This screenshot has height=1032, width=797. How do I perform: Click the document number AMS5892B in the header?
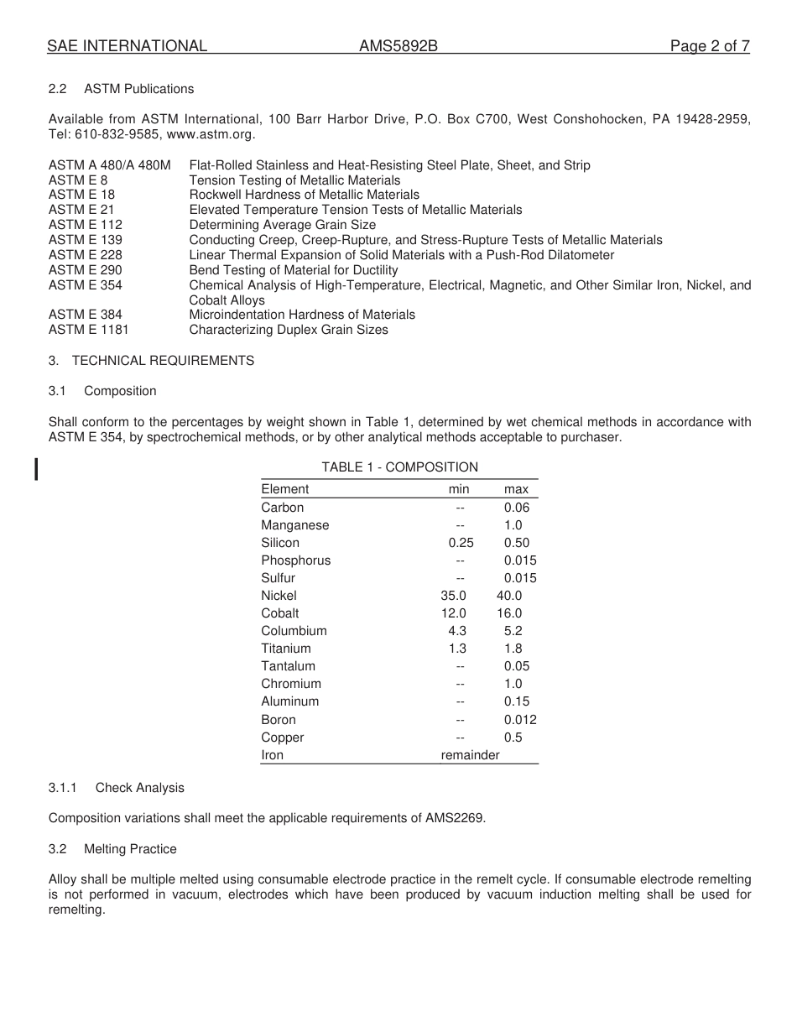point(398,46)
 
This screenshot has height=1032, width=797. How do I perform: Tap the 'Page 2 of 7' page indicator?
point(710,46)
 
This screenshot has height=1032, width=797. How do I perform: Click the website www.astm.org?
point(211,134)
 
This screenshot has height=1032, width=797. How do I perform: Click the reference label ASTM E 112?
point(86,225)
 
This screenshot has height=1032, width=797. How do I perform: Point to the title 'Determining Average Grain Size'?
point(283,225)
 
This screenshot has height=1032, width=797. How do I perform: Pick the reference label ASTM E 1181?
point(89,330)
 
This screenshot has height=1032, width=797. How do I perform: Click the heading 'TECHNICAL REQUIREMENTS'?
point(163,361)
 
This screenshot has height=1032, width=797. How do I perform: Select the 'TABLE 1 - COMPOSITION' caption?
point(399,467)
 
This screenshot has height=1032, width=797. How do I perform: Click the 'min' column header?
point(459,489)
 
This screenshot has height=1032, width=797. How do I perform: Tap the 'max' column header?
point(516,489)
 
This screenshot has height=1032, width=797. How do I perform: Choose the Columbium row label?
point(294,631)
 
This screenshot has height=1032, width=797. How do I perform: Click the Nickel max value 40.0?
point(509,596)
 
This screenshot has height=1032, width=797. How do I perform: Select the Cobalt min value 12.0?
point(454,613)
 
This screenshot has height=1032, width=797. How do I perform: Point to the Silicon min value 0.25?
point(461,543)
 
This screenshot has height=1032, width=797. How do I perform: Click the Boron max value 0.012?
point(520,720)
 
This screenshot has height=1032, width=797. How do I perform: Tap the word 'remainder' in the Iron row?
point(470,755)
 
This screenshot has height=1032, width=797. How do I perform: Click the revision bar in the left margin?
point(36,468)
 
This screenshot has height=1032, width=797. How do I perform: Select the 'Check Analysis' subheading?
point(139,788)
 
